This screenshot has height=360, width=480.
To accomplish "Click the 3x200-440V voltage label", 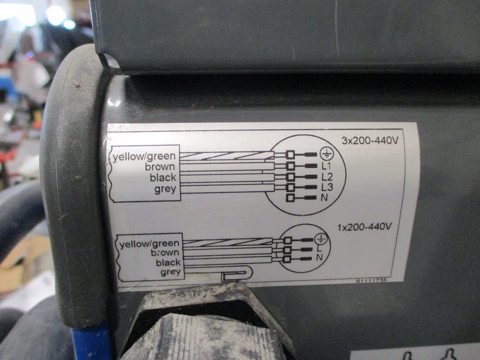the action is pyautogui.click(x=370, y=140).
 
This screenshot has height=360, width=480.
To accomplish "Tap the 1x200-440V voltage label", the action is pyautogui.click(x=364, y=227).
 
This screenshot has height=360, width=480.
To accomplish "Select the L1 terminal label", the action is pyautogui.click(x=326, y=166).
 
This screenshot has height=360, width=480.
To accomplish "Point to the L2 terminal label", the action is pyautogui.click(x=327, y=176).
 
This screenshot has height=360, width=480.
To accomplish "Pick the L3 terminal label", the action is pyautogui.click(x=327, y=187).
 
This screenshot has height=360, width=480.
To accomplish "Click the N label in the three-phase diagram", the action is pyautogui.click(x=324, y=198).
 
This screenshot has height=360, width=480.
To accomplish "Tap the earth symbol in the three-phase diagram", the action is pyautogui.click(x=327, y=154).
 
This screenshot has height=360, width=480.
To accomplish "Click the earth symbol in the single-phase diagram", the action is pyautogui.click(x=321, y=238).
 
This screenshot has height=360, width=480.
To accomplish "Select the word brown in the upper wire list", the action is pyautogui.click(x=160, y=167).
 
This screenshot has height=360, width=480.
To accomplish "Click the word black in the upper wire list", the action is pyautogui.click(x=163, y=177).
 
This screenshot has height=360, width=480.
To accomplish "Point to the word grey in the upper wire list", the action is pyautogui.click(x=165, y=189).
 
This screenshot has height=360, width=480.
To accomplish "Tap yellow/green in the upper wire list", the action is pyautogui.click(x=144, y=157).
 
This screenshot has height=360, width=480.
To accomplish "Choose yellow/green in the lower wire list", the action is pyautogui.click(x=149, y=244).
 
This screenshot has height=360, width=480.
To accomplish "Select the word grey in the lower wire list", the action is pyautogui.click(x=170, y=272).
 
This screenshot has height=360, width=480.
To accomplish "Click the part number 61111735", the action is pyautogui.click(x=371, y=280).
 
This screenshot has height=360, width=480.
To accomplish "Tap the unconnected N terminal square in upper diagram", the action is pyautogui.click(x=290, y=198).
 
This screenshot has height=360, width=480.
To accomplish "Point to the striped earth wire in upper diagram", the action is pyautogui.click(x=227, y=155).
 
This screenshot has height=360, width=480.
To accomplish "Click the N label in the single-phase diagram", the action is pyautogui.click(x=319, y=258).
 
